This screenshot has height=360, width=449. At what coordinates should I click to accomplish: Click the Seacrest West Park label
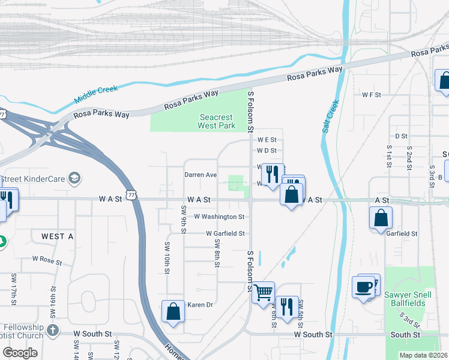tap(217, 122)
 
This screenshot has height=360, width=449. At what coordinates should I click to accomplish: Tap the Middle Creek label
tap(96, 94)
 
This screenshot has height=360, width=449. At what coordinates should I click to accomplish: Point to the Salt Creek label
tap(330, 116)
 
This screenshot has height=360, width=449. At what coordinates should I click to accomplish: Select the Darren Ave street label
tap(200, 175)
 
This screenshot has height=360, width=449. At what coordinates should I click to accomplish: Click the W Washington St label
tap(219, 217)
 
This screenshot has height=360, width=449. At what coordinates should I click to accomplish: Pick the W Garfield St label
tap(225, 233)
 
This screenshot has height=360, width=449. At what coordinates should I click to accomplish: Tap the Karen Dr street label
tap(200, 305)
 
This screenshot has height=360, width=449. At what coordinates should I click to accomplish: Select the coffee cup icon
tap(364, 287)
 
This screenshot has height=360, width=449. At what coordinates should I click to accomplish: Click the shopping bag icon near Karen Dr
tap(173, 311)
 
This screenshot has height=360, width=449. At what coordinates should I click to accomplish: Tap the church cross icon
tap(53, 331)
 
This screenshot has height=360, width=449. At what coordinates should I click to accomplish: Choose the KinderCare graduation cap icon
tap(75, 178)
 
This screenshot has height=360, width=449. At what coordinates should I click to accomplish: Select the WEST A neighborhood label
tap(57, 236)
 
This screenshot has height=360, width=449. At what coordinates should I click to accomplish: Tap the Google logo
tap(20, 353)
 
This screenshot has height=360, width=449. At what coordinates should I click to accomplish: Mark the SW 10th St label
tap(166, 257)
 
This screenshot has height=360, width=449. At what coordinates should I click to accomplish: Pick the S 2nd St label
tap(409, 155)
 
